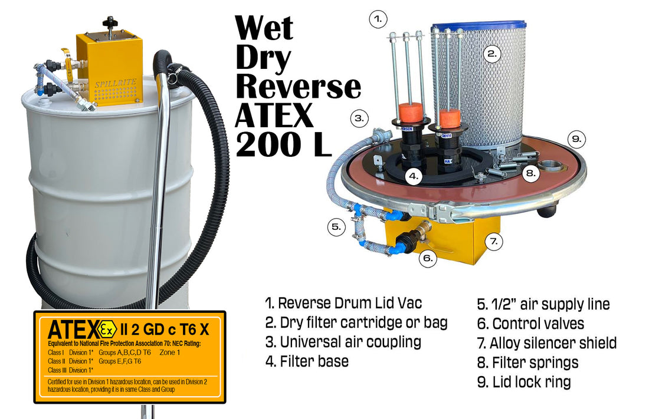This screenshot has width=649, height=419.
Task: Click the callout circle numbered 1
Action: point(378,19)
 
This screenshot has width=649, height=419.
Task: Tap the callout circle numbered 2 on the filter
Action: point(492,54)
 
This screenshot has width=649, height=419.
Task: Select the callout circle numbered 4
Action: point(415,176)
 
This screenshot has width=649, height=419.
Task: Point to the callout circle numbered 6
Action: point(429,258)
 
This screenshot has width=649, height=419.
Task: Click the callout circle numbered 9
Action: point(577,140)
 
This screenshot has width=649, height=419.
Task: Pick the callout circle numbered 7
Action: point(494,240)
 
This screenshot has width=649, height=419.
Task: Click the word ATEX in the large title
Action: point(274,116)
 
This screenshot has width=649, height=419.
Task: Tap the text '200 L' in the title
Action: point(282,145)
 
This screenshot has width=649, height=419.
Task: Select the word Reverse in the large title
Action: point(298,87)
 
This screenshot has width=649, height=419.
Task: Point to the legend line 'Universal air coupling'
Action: point(343,342)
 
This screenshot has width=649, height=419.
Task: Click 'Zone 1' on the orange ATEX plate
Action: point(170,352)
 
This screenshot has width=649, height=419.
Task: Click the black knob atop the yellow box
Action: point(109,22)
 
